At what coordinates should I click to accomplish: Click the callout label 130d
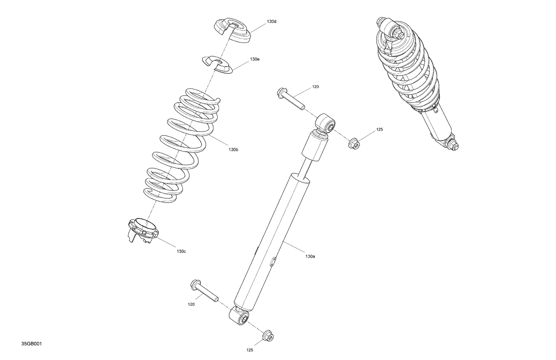pyautogui.click(x=271, y=21)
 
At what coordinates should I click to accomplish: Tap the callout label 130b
pyautogui.click(x=233, y=150)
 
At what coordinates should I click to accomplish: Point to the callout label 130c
pyautogui.click(x=181, y=251)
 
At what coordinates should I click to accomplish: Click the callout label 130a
pyautogui.click(x=310, y=256)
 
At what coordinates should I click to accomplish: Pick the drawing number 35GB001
pyautogui.click(x=32, y=344)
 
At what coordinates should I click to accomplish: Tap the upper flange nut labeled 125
pyautogui.click(x=354, y=143)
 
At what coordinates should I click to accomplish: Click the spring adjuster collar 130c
pyautogui.click(x=143, y=230)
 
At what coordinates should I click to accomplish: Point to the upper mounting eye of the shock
pyautogui.click(x=326, y=123)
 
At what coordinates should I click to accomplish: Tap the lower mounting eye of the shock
pyautogui.click(x=240, y=317)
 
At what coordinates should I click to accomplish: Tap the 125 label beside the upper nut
pyautogui.click(x=379, y=130)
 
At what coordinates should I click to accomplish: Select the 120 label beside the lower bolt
pyautogui.click(x=191, y=304)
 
